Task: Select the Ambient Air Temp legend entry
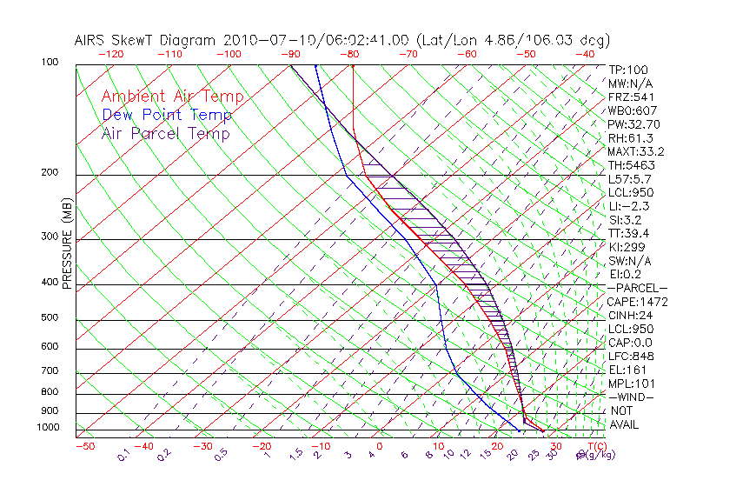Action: tap(172, 97)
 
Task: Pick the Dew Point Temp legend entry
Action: tap(167, 115)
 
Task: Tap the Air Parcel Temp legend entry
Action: tap(166, 133)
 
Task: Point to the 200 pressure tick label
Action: tap(50, 172)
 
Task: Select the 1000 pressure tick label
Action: tap(48, 428)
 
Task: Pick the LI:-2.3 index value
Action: tap(628, 206)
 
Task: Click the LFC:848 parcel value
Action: tap(630, 356)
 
